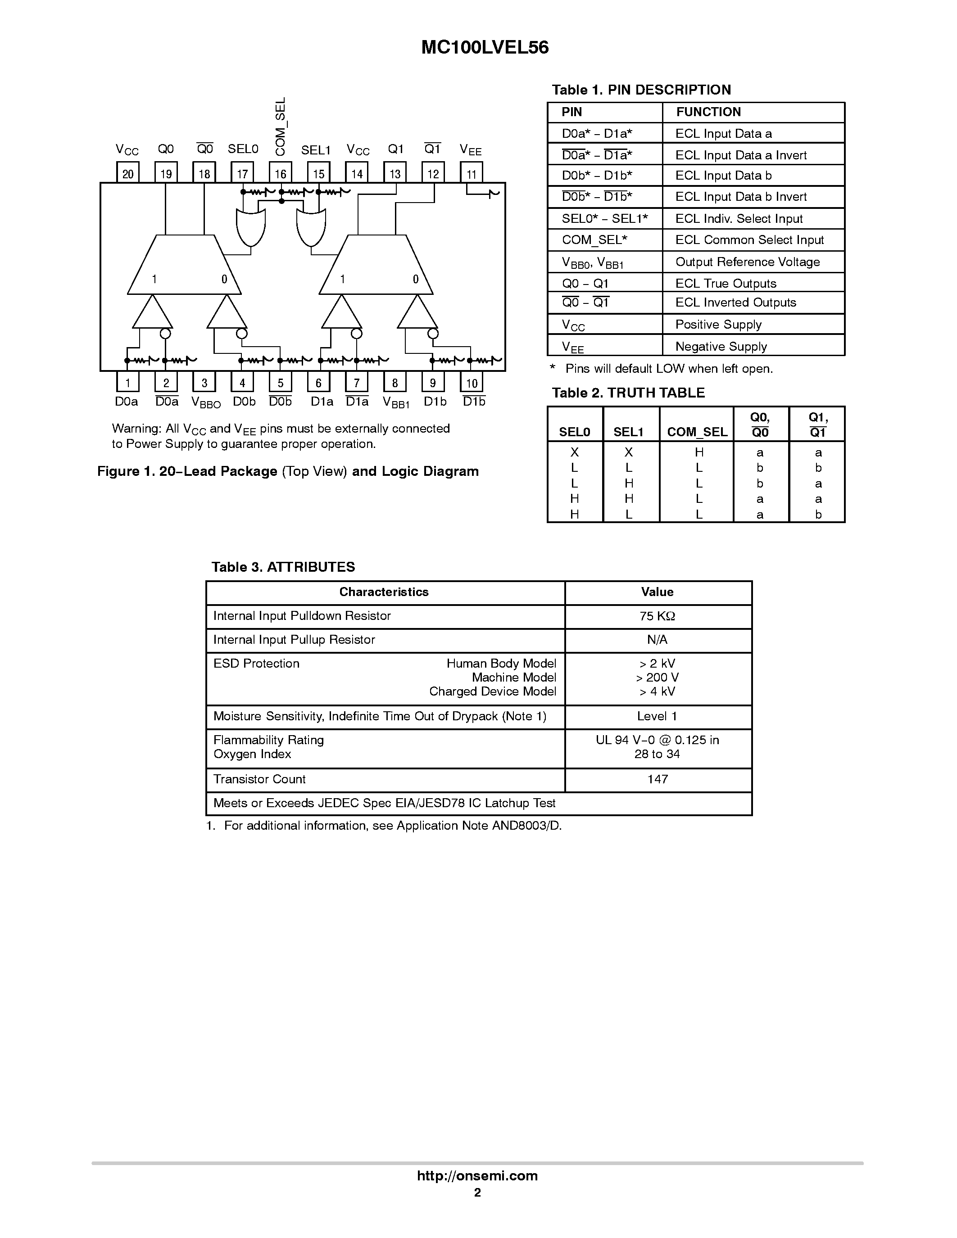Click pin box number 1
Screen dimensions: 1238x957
tap(127, 383)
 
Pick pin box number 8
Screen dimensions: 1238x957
tap(395, 383)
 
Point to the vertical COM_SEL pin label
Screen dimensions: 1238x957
tap(281, 126)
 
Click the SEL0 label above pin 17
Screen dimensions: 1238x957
tap(243, 149)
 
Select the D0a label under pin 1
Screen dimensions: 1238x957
tap(127, 401)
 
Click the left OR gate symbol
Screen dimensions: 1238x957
tap(250, 227)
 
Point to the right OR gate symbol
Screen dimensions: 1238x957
tap(311, 227)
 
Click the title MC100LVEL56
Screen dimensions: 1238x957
tap(485, 48)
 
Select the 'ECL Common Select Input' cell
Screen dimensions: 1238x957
tap(749, 240)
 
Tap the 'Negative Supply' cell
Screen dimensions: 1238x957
tap(721, 346)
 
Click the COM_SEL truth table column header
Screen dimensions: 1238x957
tap(697, 432)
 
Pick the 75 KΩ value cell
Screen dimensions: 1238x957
tap(657, 616)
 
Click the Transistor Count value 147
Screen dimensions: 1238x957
tap(657, 779)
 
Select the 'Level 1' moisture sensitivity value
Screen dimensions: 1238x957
tap(657, 717)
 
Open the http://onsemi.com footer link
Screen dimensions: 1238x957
tap(477, 1175)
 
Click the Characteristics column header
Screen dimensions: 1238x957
tap(384, 592)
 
